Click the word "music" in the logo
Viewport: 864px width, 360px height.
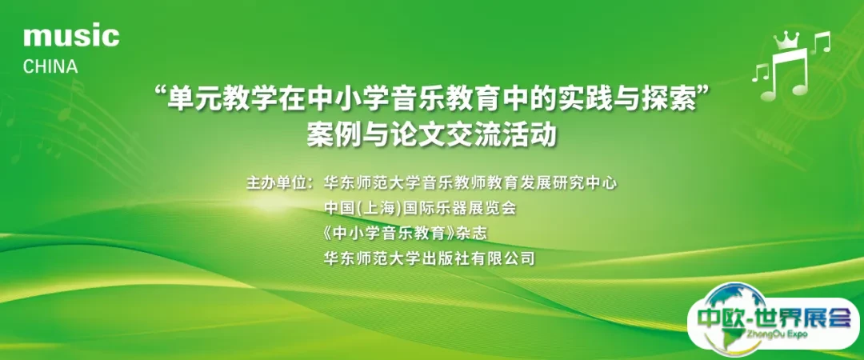(x=71, y=36)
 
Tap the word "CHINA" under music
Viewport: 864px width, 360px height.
(x=50, y=67)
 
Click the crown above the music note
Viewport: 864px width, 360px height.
(x=790, y=38)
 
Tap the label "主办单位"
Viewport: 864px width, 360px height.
(x=277, y=183)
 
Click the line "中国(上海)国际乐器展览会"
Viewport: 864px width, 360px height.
(x=419, y=208)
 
